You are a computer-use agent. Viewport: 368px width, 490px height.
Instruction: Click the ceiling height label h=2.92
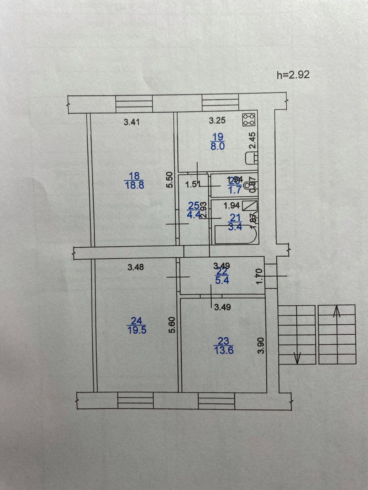pyautogui.click(x=293, y=75)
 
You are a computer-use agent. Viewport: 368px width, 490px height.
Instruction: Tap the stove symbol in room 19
pyautogui.click(x=249, y=120)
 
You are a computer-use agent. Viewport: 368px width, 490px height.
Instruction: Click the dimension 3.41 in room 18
pyautogui.click(x=132, y=122)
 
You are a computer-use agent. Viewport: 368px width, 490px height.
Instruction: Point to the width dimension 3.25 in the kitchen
pyautogui.click(x=217, y=121)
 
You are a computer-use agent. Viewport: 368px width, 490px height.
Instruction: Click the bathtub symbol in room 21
pyautogui.click(x=234, y=234)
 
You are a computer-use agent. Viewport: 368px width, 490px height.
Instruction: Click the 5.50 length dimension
pyautogui.click(x=170, y=180)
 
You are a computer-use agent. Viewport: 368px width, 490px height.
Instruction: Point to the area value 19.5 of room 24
pyautogui.click(x=137, y=330)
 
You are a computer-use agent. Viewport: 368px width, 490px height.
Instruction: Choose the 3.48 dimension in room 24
pyautogui.click(x=136, y=267)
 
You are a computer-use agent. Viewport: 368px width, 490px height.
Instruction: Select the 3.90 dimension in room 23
pyautogui.click(x=261, y=345)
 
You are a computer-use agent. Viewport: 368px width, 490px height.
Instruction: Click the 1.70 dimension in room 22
pyautogui.click(x=259, y=276)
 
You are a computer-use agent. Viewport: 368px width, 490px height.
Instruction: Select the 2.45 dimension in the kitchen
pyautogui.click(x=253, y=140)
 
